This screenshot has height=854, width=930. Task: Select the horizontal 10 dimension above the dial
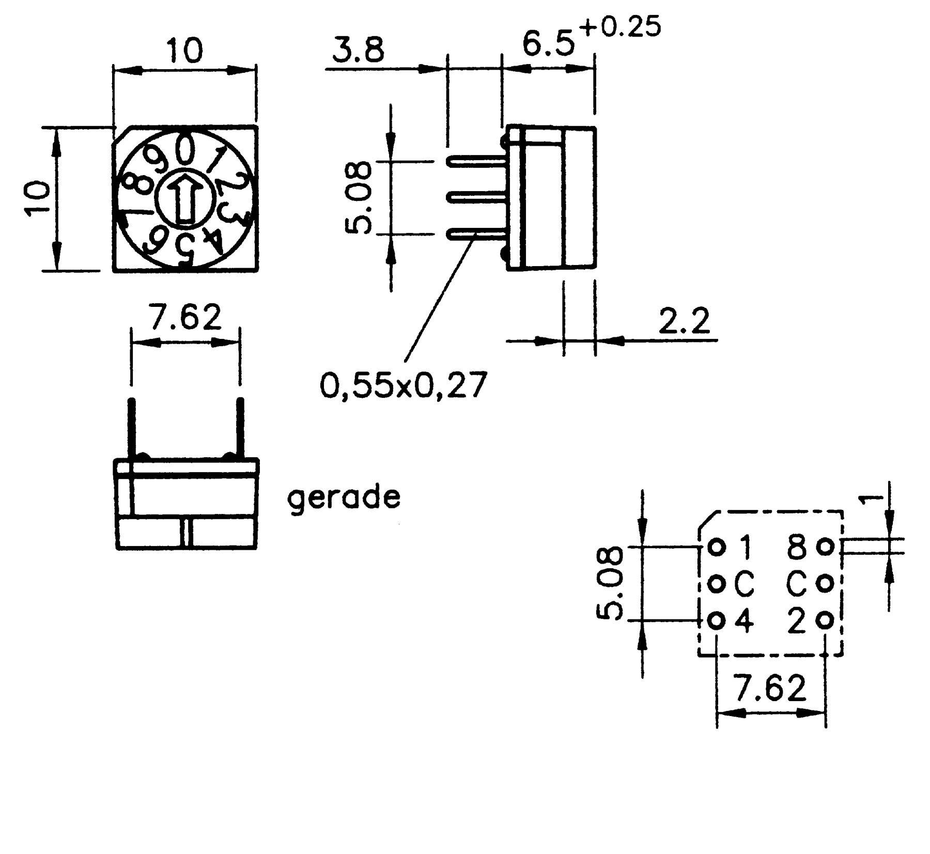pyautogui.click(x=184, y=51)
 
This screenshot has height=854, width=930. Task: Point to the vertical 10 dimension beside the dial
pyautogui.click(x=38, y=197)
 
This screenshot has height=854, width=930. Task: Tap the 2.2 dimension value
pyautogui.click(x=684, y=321)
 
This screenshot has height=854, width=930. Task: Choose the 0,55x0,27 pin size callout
pyautogui.click(x=404, y=385)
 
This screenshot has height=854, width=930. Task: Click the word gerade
pyautogui.click(x=344, y=497)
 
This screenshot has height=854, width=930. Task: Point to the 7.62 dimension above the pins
pyautogui.click(x=184, y=318)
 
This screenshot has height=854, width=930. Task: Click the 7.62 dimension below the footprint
pyautogui.click(x=770, y=688)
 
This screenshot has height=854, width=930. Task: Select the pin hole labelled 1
pyautogui.click(x=716, y=547)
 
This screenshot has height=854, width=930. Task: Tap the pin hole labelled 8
pyautogui.click(x=825, y=547)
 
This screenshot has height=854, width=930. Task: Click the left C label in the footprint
pyautogui.click(x=744, y=584)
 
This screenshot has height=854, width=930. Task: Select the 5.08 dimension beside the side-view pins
pyautogui.click(x=358, y=197)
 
